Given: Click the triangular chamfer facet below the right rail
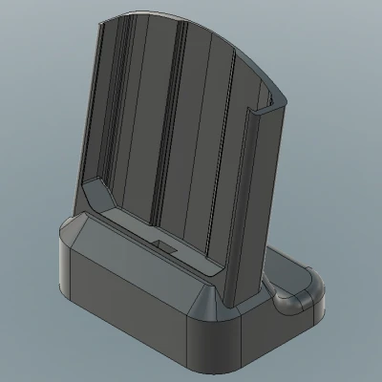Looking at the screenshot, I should click(x=207, y=304).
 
